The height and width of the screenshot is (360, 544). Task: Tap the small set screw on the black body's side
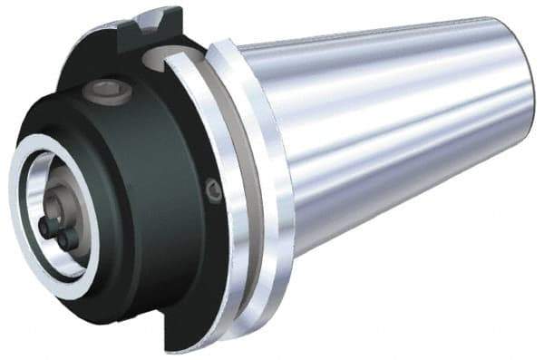[x=215, y=190]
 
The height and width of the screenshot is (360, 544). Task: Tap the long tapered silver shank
[x=399, y=136]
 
